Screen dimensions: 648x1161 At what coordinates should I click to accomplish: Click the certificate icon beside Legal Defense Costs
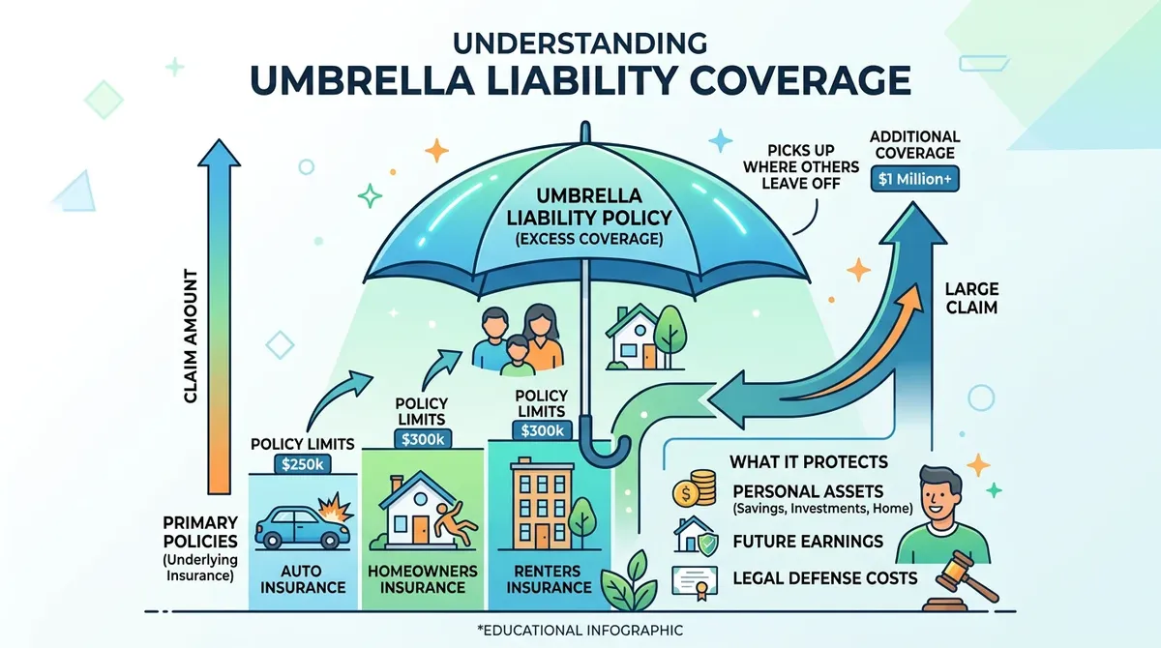(698, 579)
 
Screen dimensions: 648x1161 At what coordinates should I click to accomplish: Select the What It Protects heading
(808, 462)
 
